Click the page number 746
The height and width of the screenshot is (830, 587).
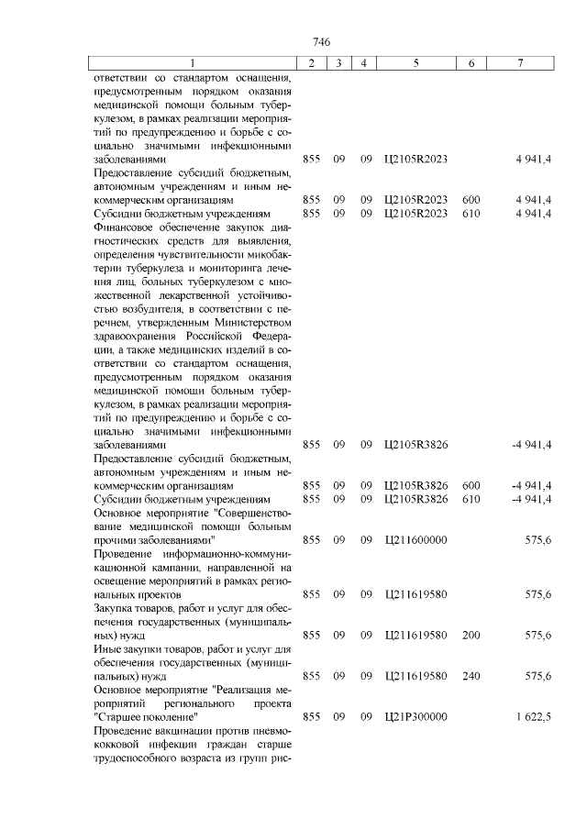click(x=321, y=42)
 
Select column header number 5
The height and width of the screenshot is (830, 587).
click(x=416, y=62)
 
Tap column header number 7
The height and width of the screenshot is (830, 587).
click(x=520, y=62)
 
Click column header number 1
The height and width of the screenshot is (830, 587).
click(x=193, y=62)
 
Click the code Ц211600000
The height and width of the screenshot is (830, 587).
click(x=416, y=540)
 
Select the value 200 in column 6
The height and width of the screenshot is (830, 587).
click(x=471, y=635)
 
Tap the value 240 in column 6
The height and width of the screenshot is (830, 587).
click(x=471, y=676)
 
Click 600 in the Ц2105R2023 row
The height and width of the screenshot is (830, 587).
click(x=471, y=199)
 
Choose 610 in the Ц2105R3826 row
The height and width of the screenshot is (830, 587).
click(x=471, y=499)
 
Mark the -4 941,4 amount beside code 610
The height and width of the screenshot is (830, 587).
click(x=531, y=499)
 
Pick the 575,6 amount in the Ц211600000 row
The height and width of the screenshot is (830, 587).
click(x=537, y=540)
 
